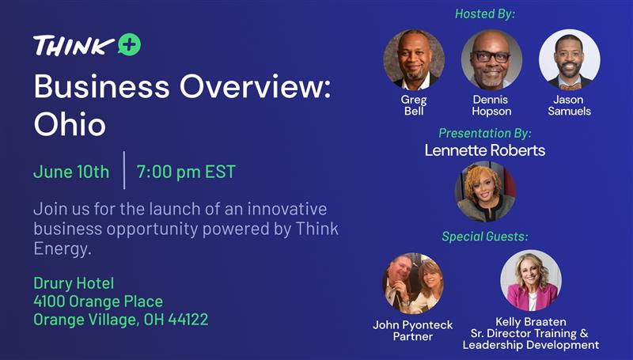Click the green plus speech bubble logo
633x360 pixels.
pyautogui.click(x=130, y=44)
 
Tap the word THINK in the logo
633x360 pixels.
pyautogui.click(x=74, y=45)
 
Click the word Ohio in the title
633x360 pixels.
pyautogui.click(x=70, y=124)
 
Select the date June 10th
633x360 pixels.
pyautogui.click(x=71, y=172)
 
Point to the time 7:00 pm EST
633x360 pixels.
pyautogui.click(x=186, y=172)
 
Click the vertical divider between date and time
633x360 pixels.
pyautogui.click(x=124, y=170)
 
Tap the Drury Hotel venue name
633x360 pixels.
pyautogui.click(x=74, y=283)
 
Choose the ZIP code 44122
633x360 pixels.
pyautogui.click(x=188, y=320)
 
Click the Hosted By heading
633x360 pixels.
pyautogui.click(x=485, y=14)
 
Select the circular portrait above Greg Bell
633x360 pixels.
pyautogui.click(x=414, y=59)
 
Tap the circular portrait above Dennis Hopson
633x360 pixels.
pyautogui.click(x=491, y=59)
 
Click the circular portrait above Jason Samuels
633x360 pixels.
pyautogui.click(x=569, y=59)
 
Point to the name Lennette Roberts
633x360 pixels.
pyautogui.click(x=485, y=150)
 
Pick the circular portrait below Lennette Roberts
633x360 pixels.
pyautogui.click(x=485, y=191)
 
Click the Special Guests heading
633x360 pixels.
pyautogui.click(x=485, y=237)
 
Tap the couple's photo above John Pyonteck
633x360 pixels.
pyautogui.click(x=412, y=283)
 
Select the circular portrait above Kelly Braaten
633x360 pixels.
pyautogui.click(x=531, y=280)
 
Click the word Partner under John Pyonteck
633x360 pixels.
pyautogui.click(x=412, y=336)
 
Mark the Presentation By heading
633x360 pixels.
pyautogui.click(x=485, y=133)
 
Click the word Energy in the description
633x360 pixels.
pyautogui.click(x=61, y=249)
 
